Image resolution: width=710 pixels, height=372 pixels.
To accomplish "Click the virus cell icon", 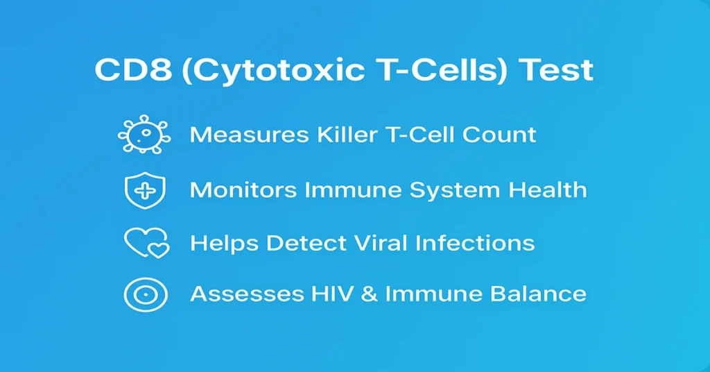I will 145,134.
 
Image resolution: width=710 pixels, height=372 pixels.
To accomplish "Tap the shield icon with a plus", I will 145,189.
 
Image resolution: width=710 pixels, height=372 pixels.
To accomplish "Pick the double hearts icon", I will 146,243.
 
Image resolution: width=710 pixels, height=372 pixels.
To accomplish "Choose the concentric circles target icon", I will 145,294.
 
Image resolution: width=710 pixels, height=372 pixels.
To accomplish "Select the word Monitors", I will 242,189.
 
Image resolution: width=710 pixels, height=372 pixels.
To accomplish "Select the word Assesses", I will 243,294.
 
